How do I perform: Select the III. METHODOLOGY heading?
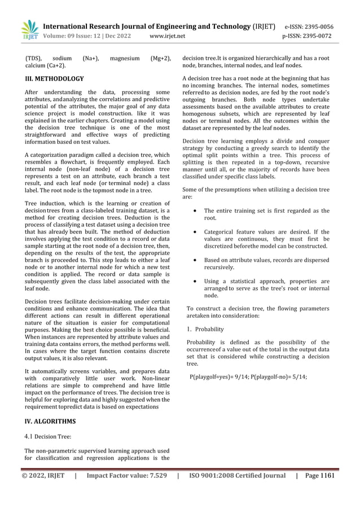[x=55, y=79]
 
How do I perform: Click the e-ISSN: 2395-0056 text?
[x=309, y=27]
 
